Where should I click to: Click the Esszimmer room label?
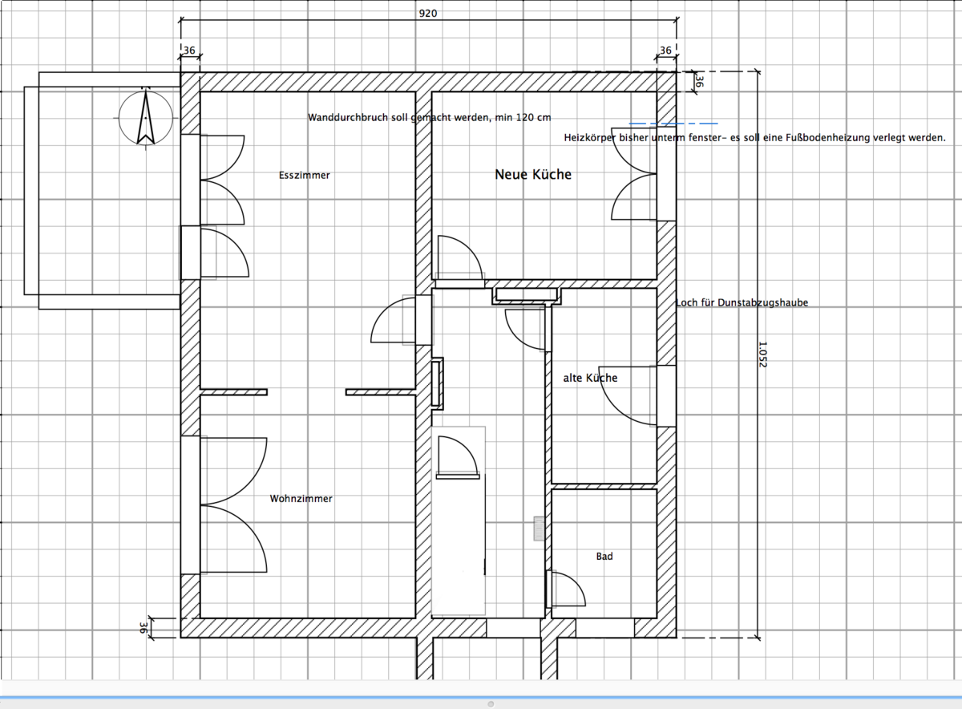coord(304,176)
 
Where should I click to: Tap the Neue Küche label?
coord(533,175)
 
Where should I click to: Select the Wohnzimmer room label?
coord(301,498)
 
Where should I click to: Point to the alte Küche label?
coord(590,378)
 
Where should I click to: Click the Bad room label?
coord(604,557)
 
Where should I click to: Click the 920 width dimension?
coord(428,14)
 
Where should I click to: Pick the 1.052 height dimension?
coord(762,354)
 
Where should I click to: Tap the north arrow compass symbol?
coord(146,117)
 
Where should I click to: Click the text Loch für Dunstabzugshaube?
coord(742,302)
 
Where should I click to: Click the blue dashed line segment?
coord(673,124)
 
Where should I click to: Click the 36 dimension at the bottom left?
coord(143,628)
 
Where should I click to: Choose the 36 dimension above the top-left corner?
coord(189,51)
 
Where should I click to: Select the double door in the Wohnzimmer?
coord(233,505)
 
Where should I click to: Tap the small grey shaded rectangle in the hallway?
coord(539,529)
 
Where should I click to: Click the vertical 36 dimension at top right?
coord(699,82)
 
